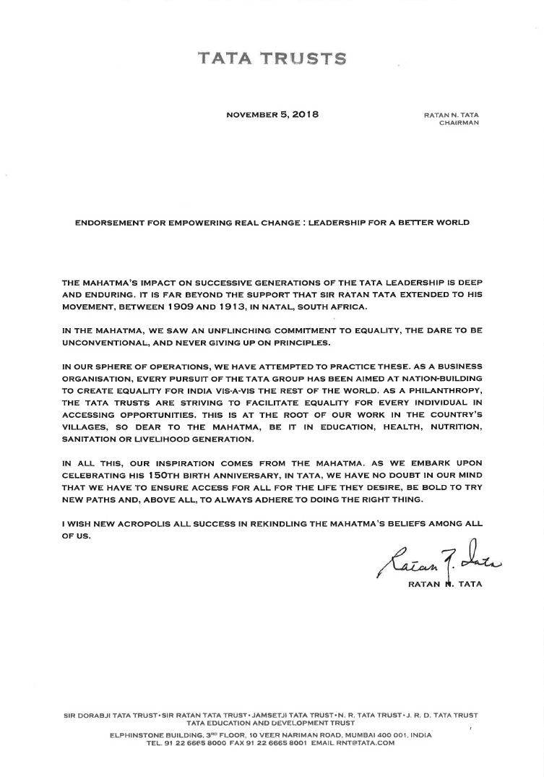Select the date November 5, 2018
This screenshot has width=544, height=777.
click(x=272, y=114)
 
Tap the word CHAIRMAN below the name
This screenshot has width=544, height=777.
click(x=459, y=122)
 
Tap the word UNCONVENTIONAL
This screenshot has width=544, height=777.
click(x=108, y=341)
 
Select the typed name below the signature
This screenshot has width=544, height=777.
click(x=441, y=584)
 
